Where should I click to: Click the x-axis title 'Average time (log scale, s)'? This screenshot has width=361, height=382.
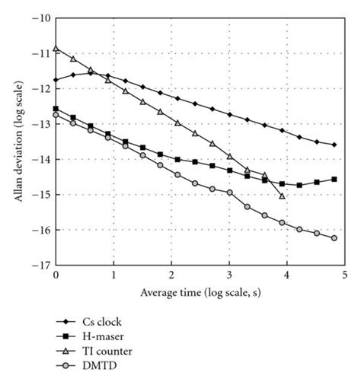point(200,292)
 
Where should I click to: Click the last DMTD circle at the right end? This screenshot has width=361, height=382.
point(334,238)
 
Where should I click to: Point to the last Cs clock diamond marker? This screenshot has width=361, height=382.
point(334,145)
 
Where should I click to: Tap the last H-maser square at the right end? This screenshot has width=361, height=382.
point(334,180)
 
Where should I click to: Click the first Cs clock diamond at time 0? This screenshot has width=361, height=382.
point(56,79)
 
